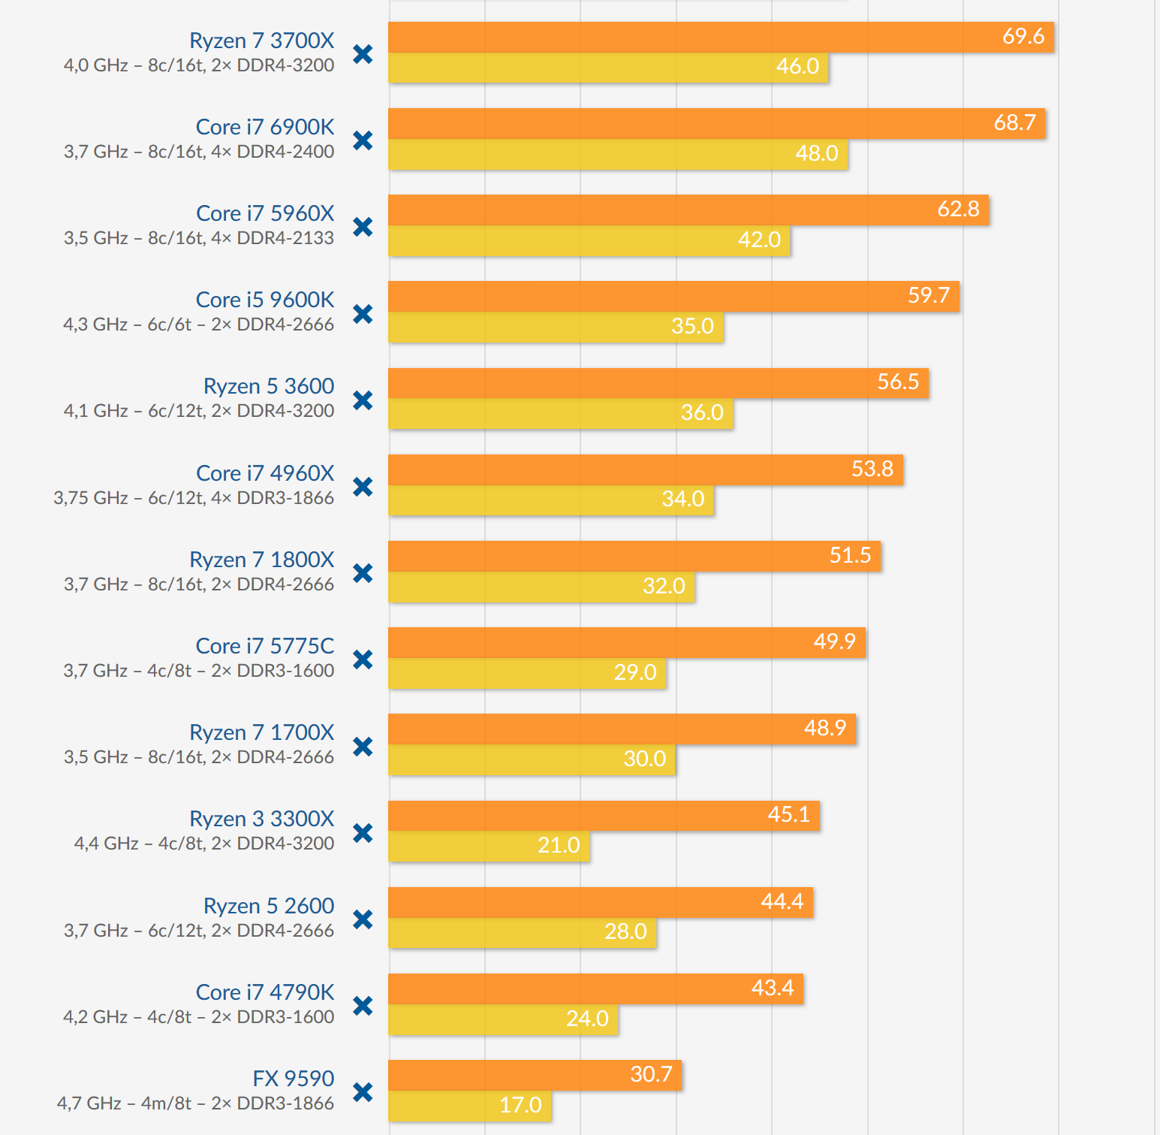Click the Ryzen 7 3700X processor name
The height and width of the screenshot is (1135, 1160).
(261, 41)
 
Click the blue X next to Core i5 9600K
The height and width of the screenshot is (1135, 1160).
(363, 313)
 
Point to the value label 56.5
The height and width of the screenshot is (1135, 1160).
(898, 382)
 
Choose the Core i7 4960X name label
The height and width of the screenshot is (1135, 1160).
(265, 473)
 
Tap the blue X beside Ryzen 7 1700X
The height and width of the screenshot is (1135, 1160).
(363, 746)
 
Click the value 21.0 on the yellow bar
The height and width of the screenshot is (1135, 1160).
(559, 845)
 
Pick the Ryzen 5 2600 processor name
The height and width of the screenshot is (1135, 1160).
(269, 906)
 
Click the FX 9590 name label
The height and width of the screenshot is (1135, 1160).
(294, 1079)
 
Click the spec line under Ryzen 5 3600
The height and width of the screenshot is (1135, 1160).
(199, 411)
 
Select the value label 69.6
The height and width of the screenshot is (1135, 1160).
(1023, 36)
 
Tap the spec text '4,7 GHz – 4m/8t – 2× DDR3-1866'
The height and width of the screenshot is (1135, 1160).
(195, 1103)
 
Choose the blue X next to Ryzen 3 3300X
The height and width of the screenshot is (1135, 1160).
(363, 832)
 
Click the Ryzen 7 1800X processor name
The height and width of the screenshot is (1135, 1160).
(261, 560)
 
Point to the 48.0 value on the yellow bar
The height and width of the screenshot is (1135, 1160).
(816, 153)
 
